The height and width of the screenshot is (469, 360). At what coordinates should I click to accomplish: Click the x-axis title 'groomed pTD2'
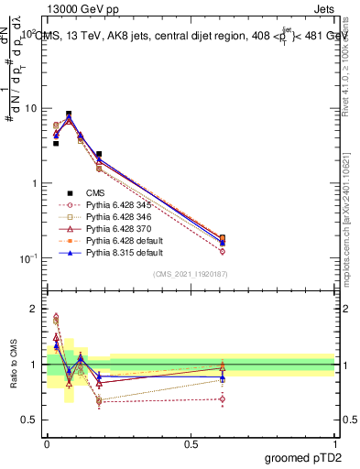(x=303, y=455)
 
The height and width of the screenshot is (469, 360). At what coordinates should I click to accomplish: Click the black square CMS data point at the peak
(x=69, y=115)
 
